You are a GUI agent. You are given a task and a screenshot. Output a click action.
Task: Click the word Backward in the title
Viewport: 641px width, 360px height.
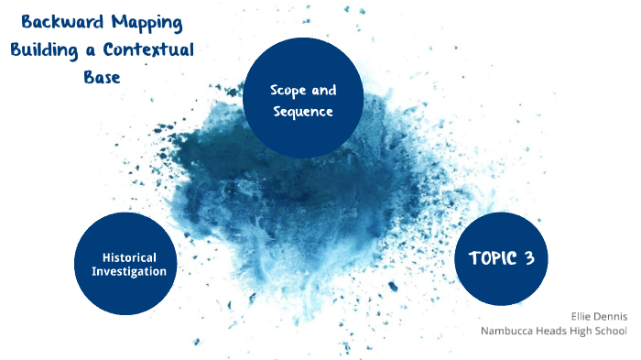coord(57,22)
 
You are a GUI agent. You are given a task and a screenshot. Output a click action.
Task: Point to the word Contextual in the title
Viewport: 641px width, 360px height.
coord(150,49)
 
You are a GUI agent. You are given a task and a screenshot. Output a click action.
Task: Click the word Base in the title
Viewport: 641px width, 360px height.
coord(102,77)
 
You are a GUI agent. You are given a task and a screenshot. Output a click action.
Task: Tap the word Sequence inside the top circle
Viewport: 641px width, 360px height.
coord(303,112)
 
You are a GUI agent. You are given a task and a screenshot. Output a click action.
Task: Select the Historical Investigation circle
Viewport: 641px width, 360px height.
coord(125,264)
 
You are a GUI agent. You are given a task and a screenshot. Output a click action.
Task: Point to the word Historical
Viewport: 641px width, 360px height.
coord(129,257)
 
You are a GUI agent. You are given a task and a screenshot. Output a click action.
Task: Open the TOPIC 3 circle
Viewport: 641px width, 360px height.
coord(501,258)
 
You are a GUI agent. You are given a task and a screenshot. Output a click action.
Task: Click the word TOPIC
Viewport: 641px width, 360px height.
coord(492,258)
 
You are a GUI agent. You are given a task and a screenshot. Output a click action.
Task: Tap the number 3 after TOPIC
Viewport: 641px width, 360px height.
coord(529,258)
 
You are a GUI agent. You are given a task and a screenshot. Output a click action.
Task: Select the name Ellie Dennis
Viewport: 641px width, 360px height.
coord(598,315)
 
